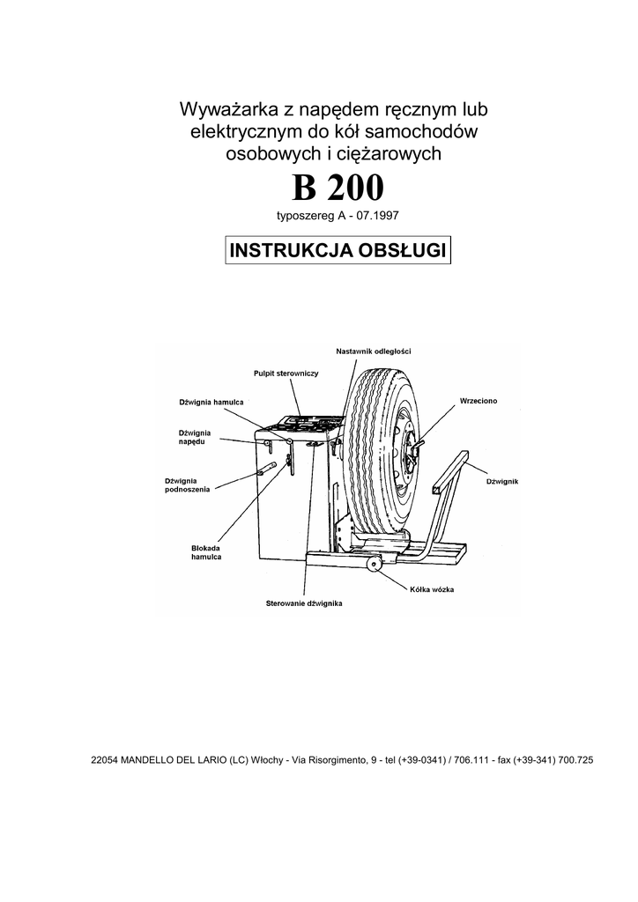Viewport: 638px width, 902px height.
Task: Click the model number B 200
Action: (x=338, y=189)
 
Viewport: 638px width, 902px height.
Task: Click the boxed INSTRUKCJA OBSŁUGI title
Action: (x=338, y=249)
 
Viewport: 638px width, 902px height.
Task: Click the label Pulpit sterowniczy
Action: (x=286, y=373)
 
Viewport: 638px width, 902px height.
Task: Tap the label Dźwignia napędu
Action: (x=194, y=438)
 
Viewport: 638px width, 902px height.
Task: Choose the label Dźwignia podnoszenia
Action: (x=187, y=484)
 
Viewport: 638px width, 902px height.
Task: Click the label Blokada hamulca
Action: (x=205, y=553)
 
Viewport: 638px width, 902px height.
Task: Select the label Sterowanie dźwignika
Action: (x=303, y=604)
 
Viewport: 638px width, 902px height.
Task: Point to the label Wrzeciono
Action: (x=478, y=401)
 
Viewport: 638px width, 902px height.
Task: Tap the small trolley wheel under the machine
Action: (x=374, y=565)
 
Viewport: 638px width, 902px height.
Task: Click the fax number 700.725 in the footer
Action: (x=571, y=759)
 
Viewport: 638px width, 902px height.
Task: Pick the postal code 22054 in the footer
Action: (x=105, y=759)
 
